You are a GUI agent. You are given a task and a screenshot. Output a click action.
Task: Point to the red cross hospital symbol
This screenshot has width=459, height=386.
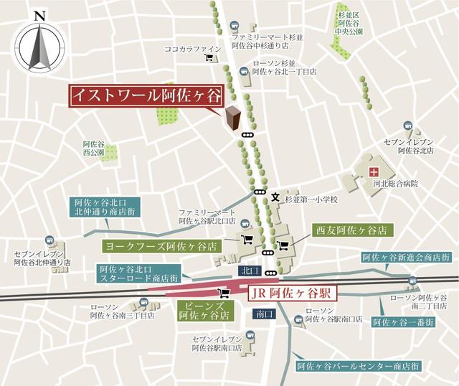[x=373, y=171]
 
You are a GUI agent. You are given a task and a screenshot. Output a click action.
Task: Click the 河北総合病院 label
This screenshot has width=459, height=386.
[x=394, y=184]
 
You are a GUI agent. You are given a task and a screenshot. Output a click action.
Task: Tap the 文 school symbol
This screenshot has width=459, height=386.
[x=275, y=196]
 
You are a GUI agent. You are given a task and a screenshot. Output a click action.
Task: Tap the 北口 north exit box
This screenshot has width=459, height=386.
[x=247, y=271]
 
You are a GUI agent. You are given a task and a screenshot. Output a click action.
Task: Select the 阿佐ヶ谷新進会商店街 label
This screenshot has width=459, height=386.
[x=405, y=257]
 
